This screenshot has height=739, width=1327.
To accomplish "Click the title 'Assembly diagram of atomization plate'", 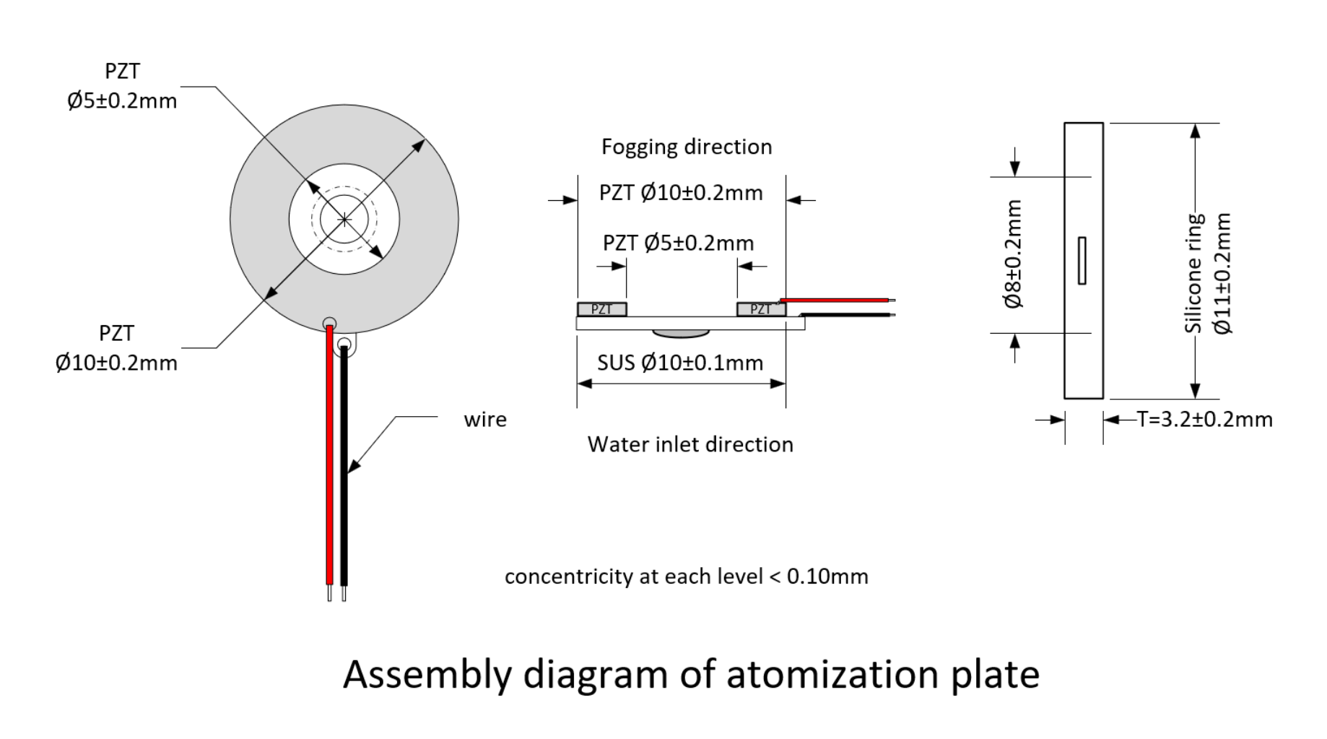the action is click(x=691, y=675).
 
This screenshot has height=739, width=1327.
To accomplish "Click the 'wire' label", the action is click(x=485, y=420).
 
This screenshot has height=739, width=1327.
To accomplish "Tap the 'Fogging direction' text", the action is click(x=687, y=147).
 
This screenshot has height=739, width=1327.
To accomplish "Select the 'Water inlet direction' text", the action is click(x=690, y=444).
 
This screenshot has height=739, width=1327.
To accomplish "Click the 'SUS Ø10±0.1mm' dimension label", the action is click(x=680, y=363).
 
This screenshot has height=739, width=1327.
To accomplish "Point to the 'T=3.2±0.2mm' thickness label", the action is click(x=1205, y=420).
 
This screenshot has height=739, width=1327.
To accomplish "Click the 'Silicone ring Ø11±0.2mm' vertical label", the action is click(x=1208, y=273).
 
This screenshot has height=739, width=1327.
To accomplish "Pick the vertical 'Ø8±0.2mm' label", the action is click(x=1013, y=254).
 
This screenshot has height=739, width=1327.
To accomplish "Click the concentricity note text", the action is click(x=687, y=576).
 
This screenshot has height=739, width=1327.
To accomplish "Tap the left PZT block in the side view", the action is click(x=602, y=309).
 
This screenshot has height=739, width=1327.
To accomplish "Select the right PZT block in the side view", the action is click(x=761, y=309).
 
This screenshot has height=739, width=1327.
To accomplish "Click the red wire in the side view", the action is click(x=836, y=300).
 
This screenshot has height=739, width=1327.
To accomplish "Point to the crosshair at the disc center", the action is click(x=344, y=219).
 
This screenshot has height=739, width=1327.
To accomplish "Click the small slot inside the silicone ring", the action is click(x=1082, y=260).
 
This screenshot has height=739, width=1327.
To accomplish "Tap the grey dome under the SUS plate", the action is click(x=680, y=334).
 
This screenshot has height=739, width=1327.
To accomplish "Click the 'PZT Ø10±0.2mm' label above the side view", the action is click(x=681, y=193).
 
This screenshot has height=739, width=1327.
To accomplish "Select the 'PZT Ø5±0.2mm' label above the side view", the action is click(x=679, y=243).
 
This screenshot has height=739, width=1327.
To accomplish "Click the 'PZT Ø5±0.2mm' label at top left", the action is click(x=122, y=86).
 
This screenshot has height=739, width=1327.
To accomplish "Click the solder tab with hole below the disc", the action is click(x=344, y=345).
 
